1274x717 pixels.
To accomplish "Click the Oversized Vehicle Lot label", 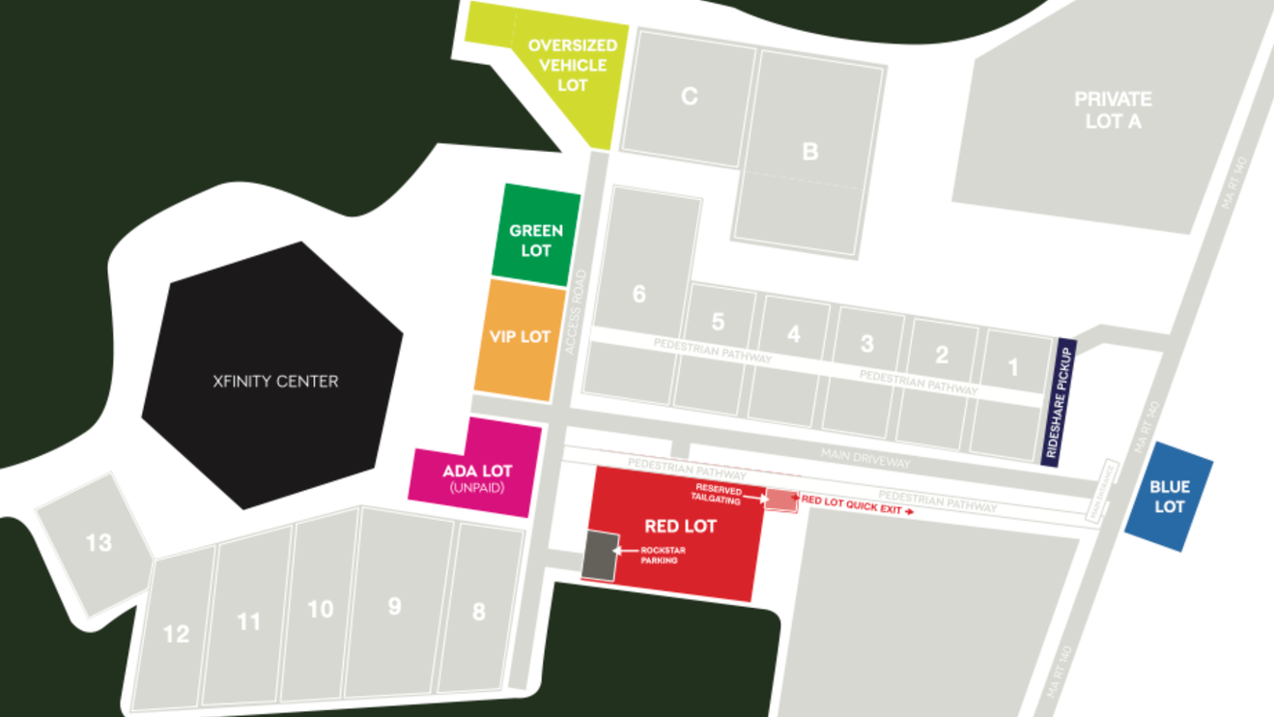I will [x=572, y=66].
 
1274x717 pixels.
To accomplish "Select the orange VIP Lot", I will [x=520, y=338].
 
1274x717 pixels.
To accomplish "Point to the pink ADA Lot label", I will [x=477, y=472].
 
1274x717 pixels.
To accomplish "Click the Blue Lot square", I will [x=1170, y=497].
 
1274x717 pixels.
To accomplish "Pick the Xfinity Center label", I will [x=275, y=382].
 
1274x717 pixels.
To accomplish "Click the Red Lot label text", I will [x=680, y=527].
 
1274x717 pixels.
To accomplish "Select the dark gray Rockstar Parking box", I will [x=601, y=557].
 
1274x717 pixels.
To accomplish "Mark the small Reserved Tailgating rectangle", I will [x=780, y=500].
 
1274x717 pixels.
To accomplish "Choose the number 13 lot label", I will [x=99, y=543].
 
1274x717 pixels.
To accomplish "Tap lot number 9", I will [x=394, y=606].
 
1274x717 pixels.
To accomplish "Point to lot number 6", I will [x=638, y=294].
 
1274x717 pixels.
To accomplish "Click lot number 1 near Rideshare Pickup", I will [x=1013, y=367].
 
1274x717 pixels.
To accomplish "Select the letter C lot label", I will [x=689, y=97].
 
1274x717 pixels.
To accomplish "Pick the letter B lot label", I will [x=809, y=152].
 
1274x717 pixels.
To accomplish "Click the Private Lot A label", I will [x=1113, y=110].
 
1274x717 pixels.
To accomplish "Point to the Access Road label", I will [x=577, y=311].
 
